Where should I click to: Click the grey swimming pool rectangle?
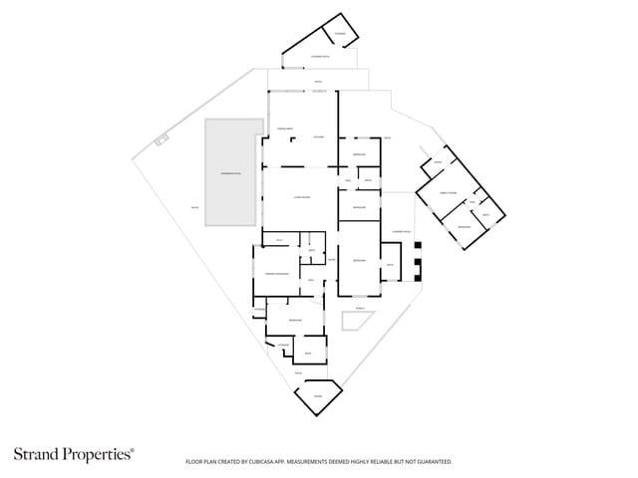[234, 173]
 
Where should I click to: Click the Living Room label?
[299, 197]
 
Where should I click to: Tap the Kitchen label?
[319, 135]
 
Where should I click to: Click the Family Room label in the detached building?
[448, 192]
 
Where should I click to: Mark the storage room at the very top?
[340, 35]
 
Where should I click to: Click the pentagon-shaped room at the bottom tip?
[318, 396]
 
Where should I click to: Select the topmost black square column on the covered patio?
[419, 246]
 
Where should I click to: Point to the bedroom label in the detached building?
[464, 228]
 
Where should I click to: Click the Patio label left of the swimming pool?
[180, 207]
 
